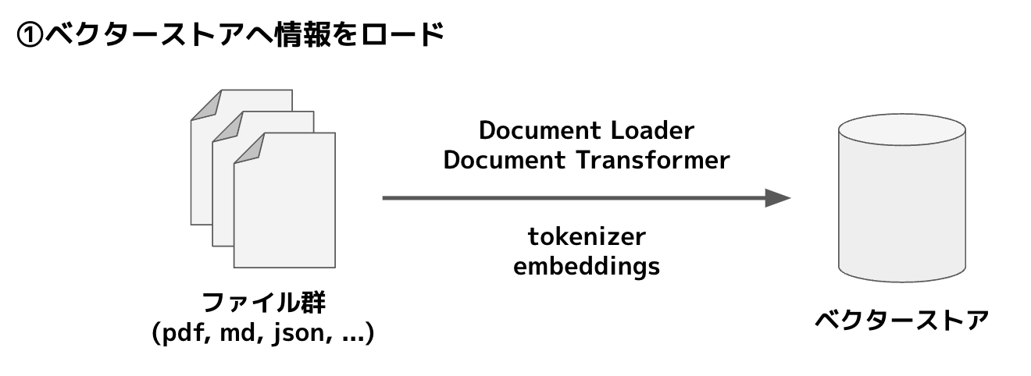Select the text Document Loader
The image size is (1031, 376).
click(x=586, y=129)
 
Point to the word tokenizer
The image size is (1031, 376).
click(x=587, y=236)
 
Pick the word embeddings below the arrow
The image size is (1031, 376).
click(x=586, y=266)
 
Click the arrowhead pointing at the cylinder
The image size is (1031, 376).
click(x=777, y=198)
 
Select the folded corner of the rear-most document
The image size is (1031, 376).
click(x=205, y=104)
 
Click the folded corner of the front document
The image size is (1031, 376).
click(x=248, y=148)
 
